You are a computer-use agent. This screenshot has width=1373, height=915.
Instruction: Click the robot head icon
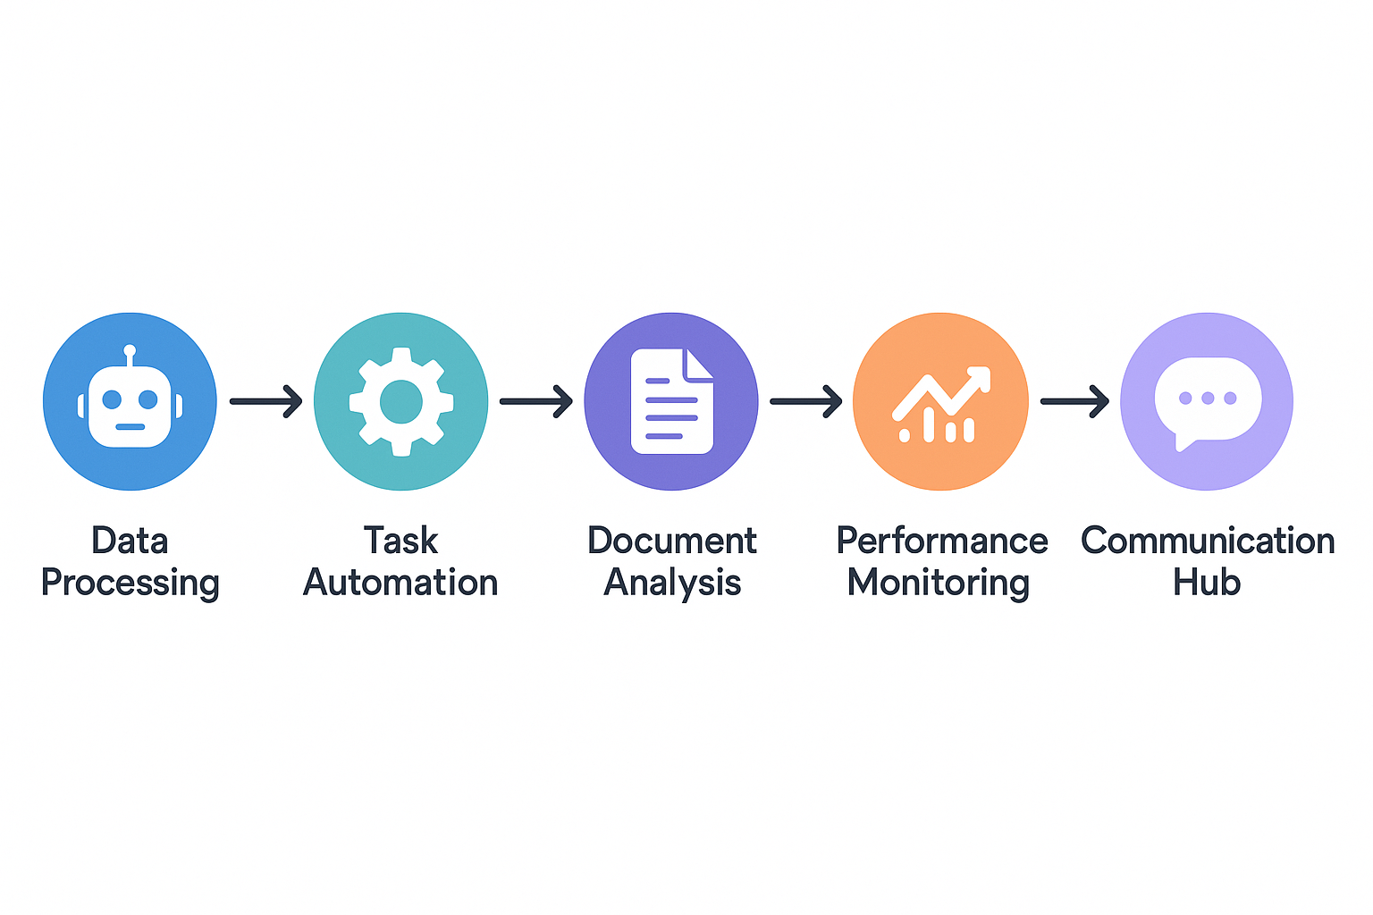point(130,406)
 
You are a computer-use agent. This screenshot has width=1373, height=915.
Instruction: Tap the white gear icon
point(401,402)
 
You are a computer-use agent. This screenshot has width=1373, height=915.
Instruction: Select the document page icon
point(671,401)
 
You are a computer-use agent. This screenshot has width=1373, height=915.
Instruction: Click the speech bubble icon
point(1207,401)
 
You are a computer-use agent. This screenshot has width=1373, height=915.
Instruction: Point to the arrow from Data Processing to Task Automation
point(266,401)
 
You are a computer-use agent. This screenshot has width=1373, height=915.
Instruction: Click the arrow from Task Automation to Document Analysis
point(536,401)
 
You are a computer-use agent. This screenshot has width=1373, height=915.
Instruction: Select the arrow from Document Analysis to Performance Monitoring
point(806,401)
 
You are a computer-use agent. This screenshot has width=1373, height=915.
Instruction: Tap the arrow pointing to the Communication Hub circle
point(1074,401)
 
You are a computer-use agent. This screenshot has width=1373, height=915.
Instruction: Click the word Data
point(130,541)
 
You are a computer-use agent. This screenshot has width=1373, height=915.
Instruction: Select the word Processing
point(131,583)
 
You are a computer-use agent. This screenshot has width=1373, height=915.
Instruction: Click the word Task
point(400,541)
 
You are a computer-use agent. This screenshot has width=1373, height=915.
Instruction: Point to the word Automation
point(400,583)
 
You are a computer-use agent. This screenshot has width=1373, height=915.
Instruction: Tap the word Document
point(672,541)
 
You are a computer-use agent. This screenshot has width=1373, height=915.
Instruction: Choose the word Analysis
point(672,583)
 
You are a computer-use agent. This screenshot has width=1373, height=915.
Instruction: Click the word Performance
point(942,541)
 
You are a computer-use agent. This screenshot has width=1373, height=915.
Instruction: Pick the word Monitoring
point(939,583)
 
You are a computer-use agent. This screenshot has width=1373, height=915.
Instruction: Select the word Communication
point(1208,541)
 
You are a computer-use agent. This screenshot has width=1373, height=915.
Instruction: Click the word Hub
point(1207,583)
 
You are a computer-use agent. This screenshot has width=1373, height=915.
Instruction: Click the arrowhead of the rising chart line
point(981,376)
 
